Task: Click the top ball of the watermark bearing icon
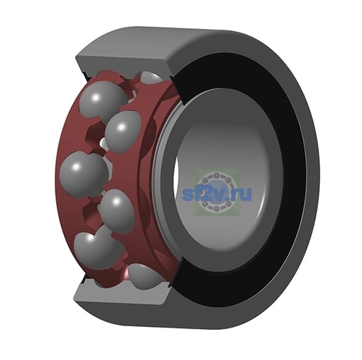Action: [x=216, y=176]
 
